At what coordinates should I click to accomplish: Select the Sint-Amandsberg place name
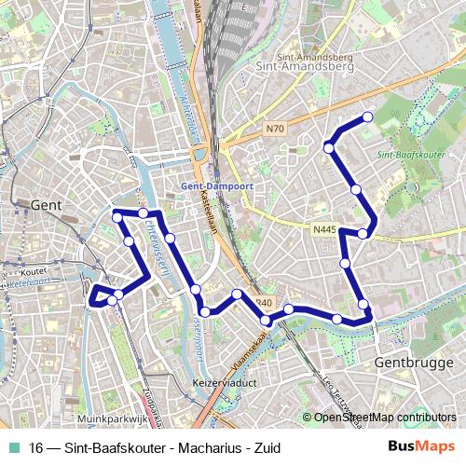pyautogui.click(x=289, y=67)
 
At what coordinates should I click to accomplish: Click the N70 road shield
pyautogui.click(x=273, y=128)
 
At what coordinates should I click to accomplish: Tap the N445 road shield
pyautogui.click(x=324, y=228)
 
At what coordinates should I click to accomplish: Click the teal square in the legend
pyautogui.click(x=12, y=447)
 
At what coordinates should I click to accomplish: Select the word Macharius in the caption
pyautogui.click(x=186, y=447)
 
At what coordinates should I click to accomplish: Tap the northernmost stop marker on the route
pyautogui.click(x=367, y=116)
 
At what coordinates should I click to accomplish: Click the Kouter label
pyautogui.click(x=34, y=272)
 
